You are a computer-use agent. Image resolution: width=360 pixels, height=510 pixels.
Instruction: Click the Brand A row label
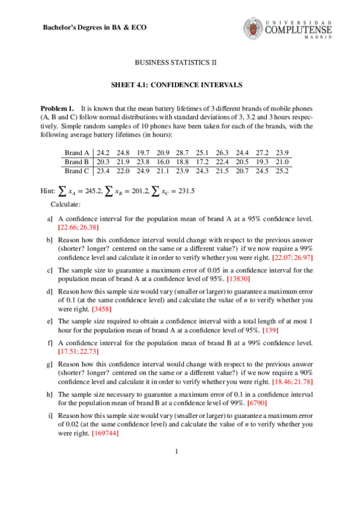(77, 153)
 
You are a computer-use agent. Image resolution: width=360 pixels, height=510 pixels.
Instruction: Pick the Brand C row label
(77, 171)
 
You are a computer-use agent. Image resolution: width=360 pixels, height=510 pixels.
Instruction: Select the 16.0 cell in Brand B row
(164, 162)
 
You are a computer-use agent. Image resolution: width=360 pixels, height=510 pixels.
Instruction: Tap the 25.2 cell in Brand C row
(282, 171)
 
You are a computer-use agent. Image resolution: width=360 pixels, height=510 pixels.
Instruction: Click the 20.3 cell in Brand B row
(103, 162)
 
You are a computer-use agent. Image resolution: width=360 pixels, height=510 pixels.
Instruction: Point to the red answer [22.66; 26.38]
(79, 227)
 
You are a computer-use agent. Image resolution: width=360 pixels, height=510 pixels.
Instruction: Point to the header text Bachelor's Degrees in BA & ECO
(96, 28)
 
